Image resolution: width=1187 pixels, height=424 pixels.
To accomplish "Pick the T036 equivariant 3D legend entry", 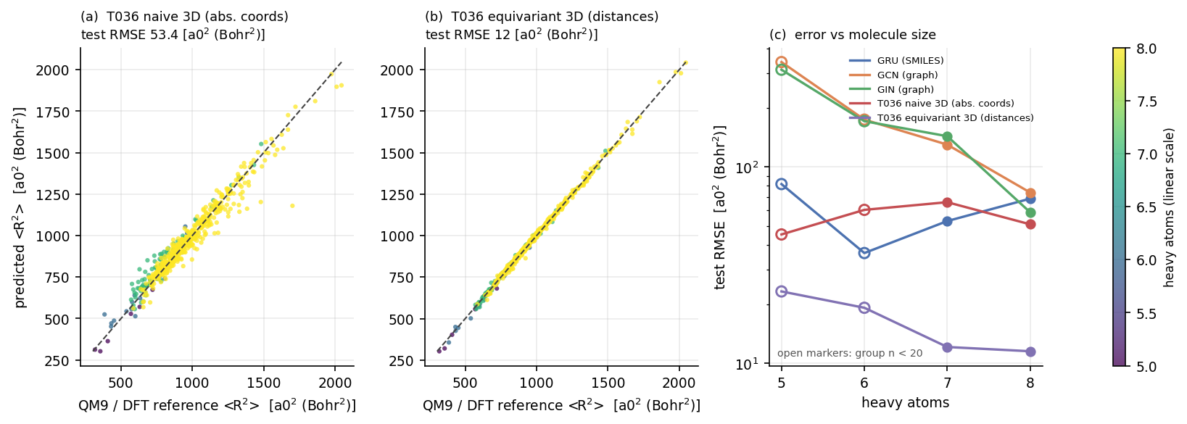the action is pyautogui.click(x=941, y=117).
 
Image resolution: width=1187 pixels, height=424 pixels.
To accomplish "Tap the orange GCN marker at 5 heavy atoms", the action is pyautogui.click(x=781, y=62).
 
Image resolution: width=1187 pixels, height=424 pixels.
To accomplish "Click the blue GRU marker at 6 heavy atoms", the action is pyautogui.click(x=864, y=253).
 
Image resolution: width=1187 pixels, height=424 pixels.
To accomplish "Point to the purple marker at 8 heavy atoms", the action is pyautogui.click(x=1030, y=352).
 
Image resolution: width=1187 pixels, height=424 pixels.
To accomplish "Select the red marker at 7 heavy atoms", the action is pyautogui.click(x=948, y=202).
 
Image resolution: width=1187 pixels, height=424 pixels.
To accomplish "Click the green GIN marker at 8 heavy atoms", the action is pyautogui.click(x=1030, y=212).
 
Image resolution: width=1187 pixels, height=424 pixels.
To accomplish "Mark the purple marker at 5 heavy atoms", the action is pyautogui.click(x=781, y=291).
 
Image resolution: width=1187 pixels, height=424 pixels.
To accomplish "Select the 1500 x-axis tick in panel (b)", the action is pyautogui.click(x=608, y=383).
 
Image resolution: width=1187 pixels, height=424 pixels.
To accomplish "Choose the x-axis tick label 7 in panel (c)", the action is pyautogui.click(x=948, y=383).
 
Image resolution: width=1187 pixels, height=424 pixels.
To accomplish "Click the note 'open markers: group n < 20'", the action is pyautogui.click(x=850, y=353).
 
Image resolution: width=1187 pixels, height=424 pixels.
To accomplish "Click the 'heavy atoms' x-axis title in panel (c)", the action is pyautogui.click(x=906, y=403).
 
